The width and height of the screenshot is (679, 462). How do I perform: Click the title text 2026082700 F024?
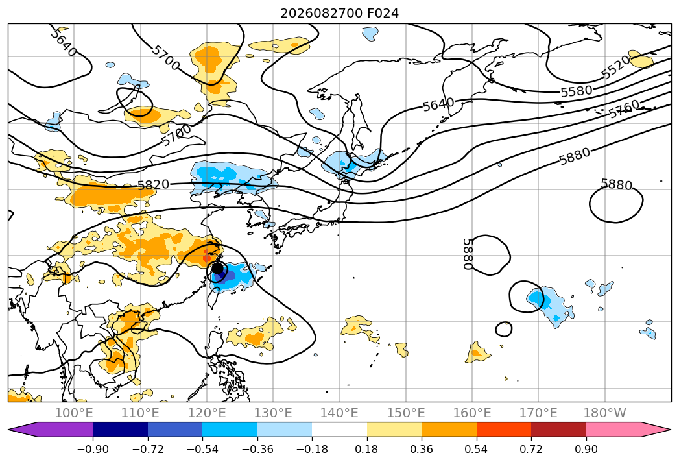pyautogui.click(x=340, y=14)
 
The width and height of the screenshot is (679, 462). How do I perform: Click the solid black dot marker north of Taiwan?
pyautogui.click(x=218, y=268)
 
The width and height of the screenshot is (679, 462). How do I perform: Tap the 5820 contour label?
pyautogui.click(x=153, y=185)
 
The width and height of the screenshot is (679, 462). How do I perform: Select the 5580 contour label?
pyautogui.click(x=577, y=91)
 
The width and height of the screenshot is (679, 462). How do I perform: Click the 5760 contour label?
pyautogui.click(x=625, y=109)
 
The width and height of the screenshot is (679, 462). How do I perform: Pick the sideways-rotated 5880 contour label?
pyautogui.click(x=468, y=254)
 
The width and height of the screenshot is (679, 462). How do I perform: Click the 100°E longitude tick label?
pyautogui.click(x=74, y=413)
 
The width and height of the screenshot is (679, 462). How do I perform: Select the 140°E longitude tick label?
pyautogui.click(x=339, y=413)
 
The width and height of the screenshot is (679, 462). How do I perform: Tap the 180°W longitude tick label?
pyautogui.click(x=604, y=413)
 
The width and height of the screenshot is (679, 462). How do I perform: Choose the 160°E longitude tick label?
pyautogui.click(x=472, y=413)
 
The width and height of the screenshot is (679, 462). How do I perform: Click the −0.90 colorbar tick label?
pyautogui.click(x=93, y=449)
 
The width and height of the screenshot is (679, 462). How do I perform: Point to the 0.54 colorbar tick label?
pyautogui.click(x=477, y=449)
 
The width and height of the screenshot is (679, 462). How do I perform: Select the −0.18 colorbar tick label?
pyautogui.click(x=312, y=449)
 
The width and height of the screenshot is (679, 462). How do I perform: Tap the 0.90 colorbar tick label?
pyautogui.click(x=586, y=449)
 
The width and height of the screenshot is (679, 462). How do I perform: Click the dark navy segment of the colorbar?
pyautogui.click(x=120, y=430)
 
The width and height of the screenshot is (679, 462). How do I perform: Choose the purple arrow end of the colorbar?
pyautogui.click(x=50, y=430)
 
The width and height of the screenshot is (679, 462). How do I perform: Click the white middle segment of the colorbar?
pyautogui.click(x=340, y=430)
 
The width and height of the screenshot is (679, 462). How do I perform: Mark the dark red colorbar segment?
pyautogui.click(x=558, y=430)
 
